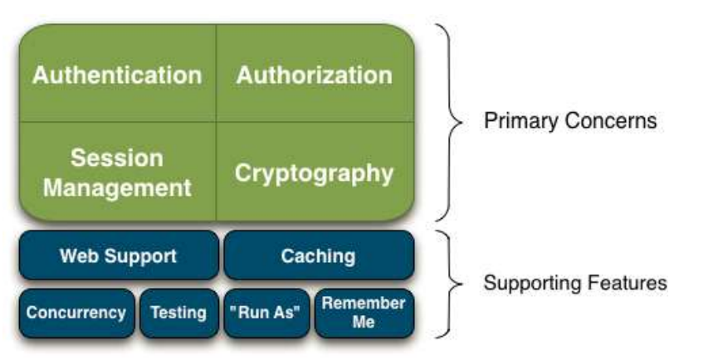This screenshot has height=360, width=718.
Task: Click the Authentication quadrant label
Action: [117, 75]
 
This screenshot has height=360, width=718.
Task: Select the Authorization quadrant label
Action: [315, 75]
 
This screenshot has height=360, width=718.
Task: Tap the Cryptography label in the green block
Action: [315, 173]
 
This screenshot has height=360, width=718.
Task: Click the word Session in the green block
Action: [117, 158]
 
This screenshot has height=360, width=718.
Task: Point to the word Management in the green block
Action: [117, 187]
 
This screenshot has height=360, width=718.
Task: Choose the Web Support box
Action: [118, 255]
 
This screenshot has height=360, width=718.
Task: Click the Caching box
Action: [318, 255]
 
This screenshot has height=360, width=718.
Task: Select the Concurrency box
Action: [76, 313]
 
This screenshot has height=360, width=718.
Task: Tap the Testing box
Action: [178, 313]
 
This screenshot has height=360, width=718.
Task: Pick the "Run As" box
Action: [266, 313]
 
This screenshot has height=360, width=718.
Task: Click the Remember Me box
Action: [364, 312]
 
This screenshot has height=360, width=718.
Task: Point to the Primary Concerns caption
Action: [570, 121]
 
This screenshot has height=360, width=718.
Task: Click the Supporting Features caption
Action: [575, 283]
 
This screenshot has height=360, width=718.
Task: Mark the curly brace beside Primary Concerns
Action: [451, 122]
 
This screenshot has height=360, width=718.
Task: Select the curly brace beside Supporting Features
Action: [451, 283]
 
